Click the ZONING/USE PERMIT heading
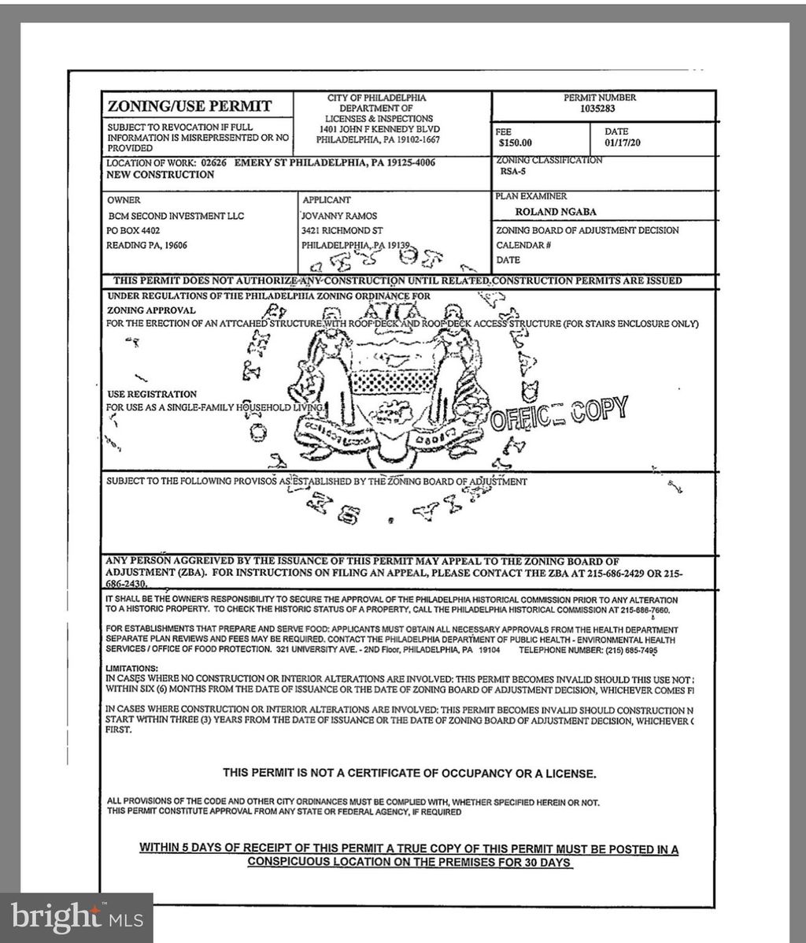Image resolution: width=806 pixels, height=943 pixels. click(x=189, y=106)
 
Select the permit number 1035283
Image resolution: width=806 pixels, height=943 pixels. click(x=599, y=109)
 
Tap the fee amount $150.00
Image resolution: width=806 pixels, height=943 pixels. click(x=516, y=143)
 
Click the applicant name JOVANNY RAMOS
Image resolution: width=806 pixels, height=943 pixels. click(x=340, y=216)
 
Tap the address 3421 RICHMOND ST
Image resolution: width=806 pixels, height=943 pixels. click(x=342, y=230)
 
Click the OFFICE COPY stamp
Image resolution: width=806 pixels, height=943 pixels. click(x=559, y=414)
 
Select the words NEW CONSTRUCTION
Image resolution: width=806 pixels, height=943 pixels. click(x=160, y=175)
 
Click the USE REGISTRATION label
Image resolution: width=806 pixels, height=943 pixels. click(x=152, y=394)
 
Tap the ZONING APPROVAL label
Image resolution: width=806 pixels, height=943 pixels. click(x=151, y=310)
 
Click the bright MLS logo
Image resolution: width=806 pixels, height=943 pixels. click(x=76, y=917)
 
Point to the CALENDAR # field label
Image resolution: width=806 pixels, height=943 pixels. click(x=523, y=245)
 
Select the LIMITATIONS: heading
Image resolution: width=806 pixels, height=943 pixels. click(x=131, y=668)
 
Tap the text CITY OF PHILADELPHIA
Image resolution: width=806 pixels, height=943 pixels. click(x=377, y=98)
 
